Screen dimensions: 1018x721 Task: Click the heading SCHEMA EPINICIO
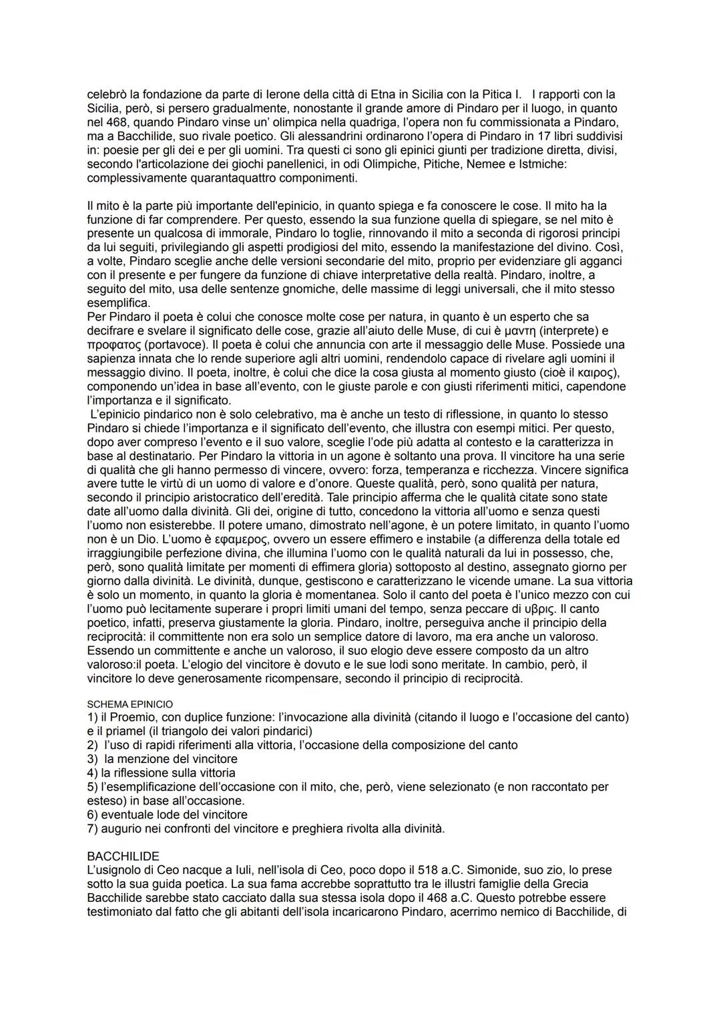[x=130, y=704]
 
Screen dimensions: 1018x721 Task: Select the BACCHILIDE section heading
[x=123, y=856]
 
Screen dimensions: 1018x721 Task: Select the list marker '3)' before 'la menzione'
[x=93, y=759]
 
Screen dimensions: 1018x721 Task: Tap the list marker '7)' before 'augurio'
[x=93, y=828]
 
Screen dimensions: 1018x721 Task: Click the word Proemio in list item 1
[x=132, y=718]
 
